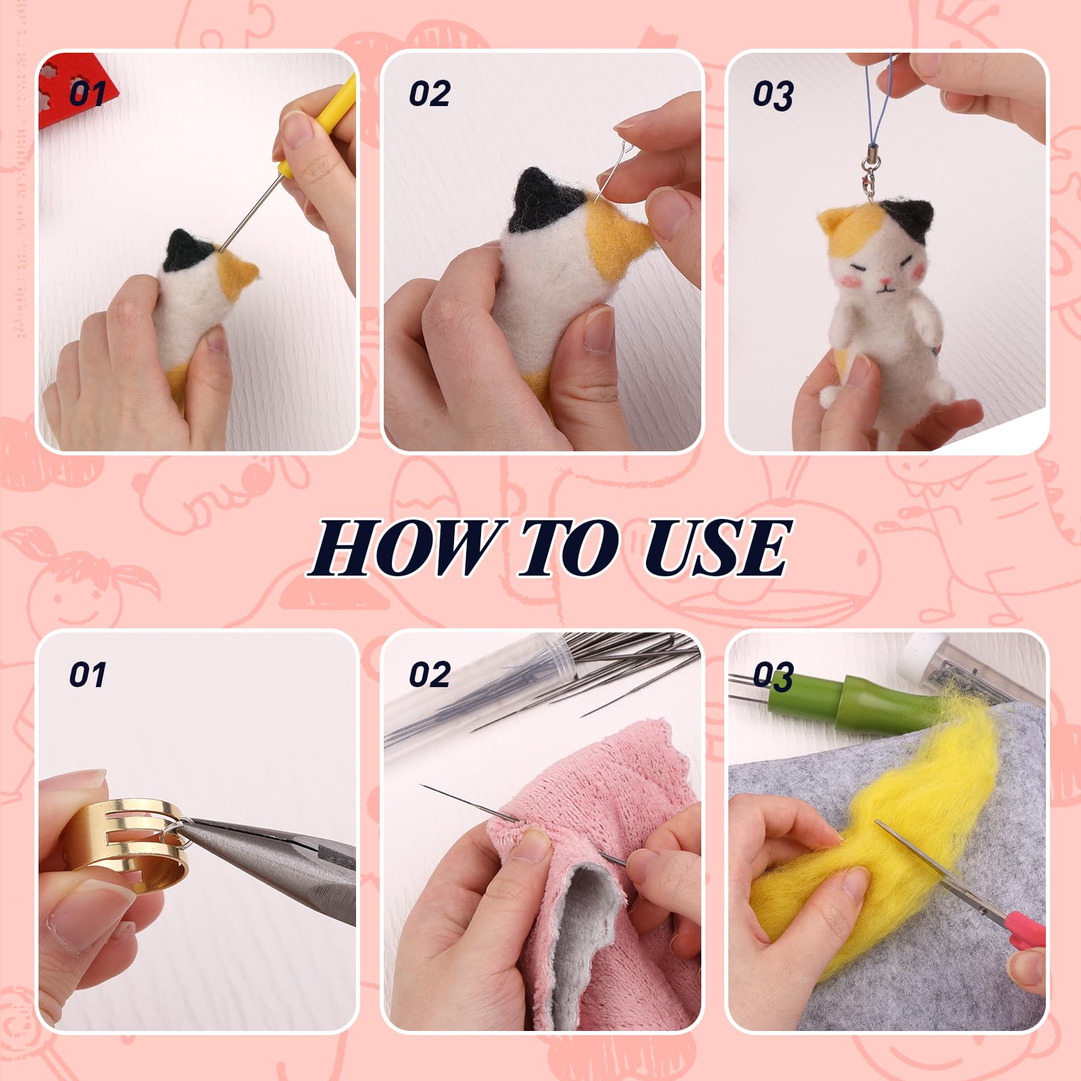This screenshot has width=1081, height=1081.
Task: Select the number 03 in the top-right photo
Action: click(x=774, y=95)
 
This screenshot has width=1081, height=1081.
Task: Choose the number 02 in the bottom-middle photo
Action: click(x=430, y=675)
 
